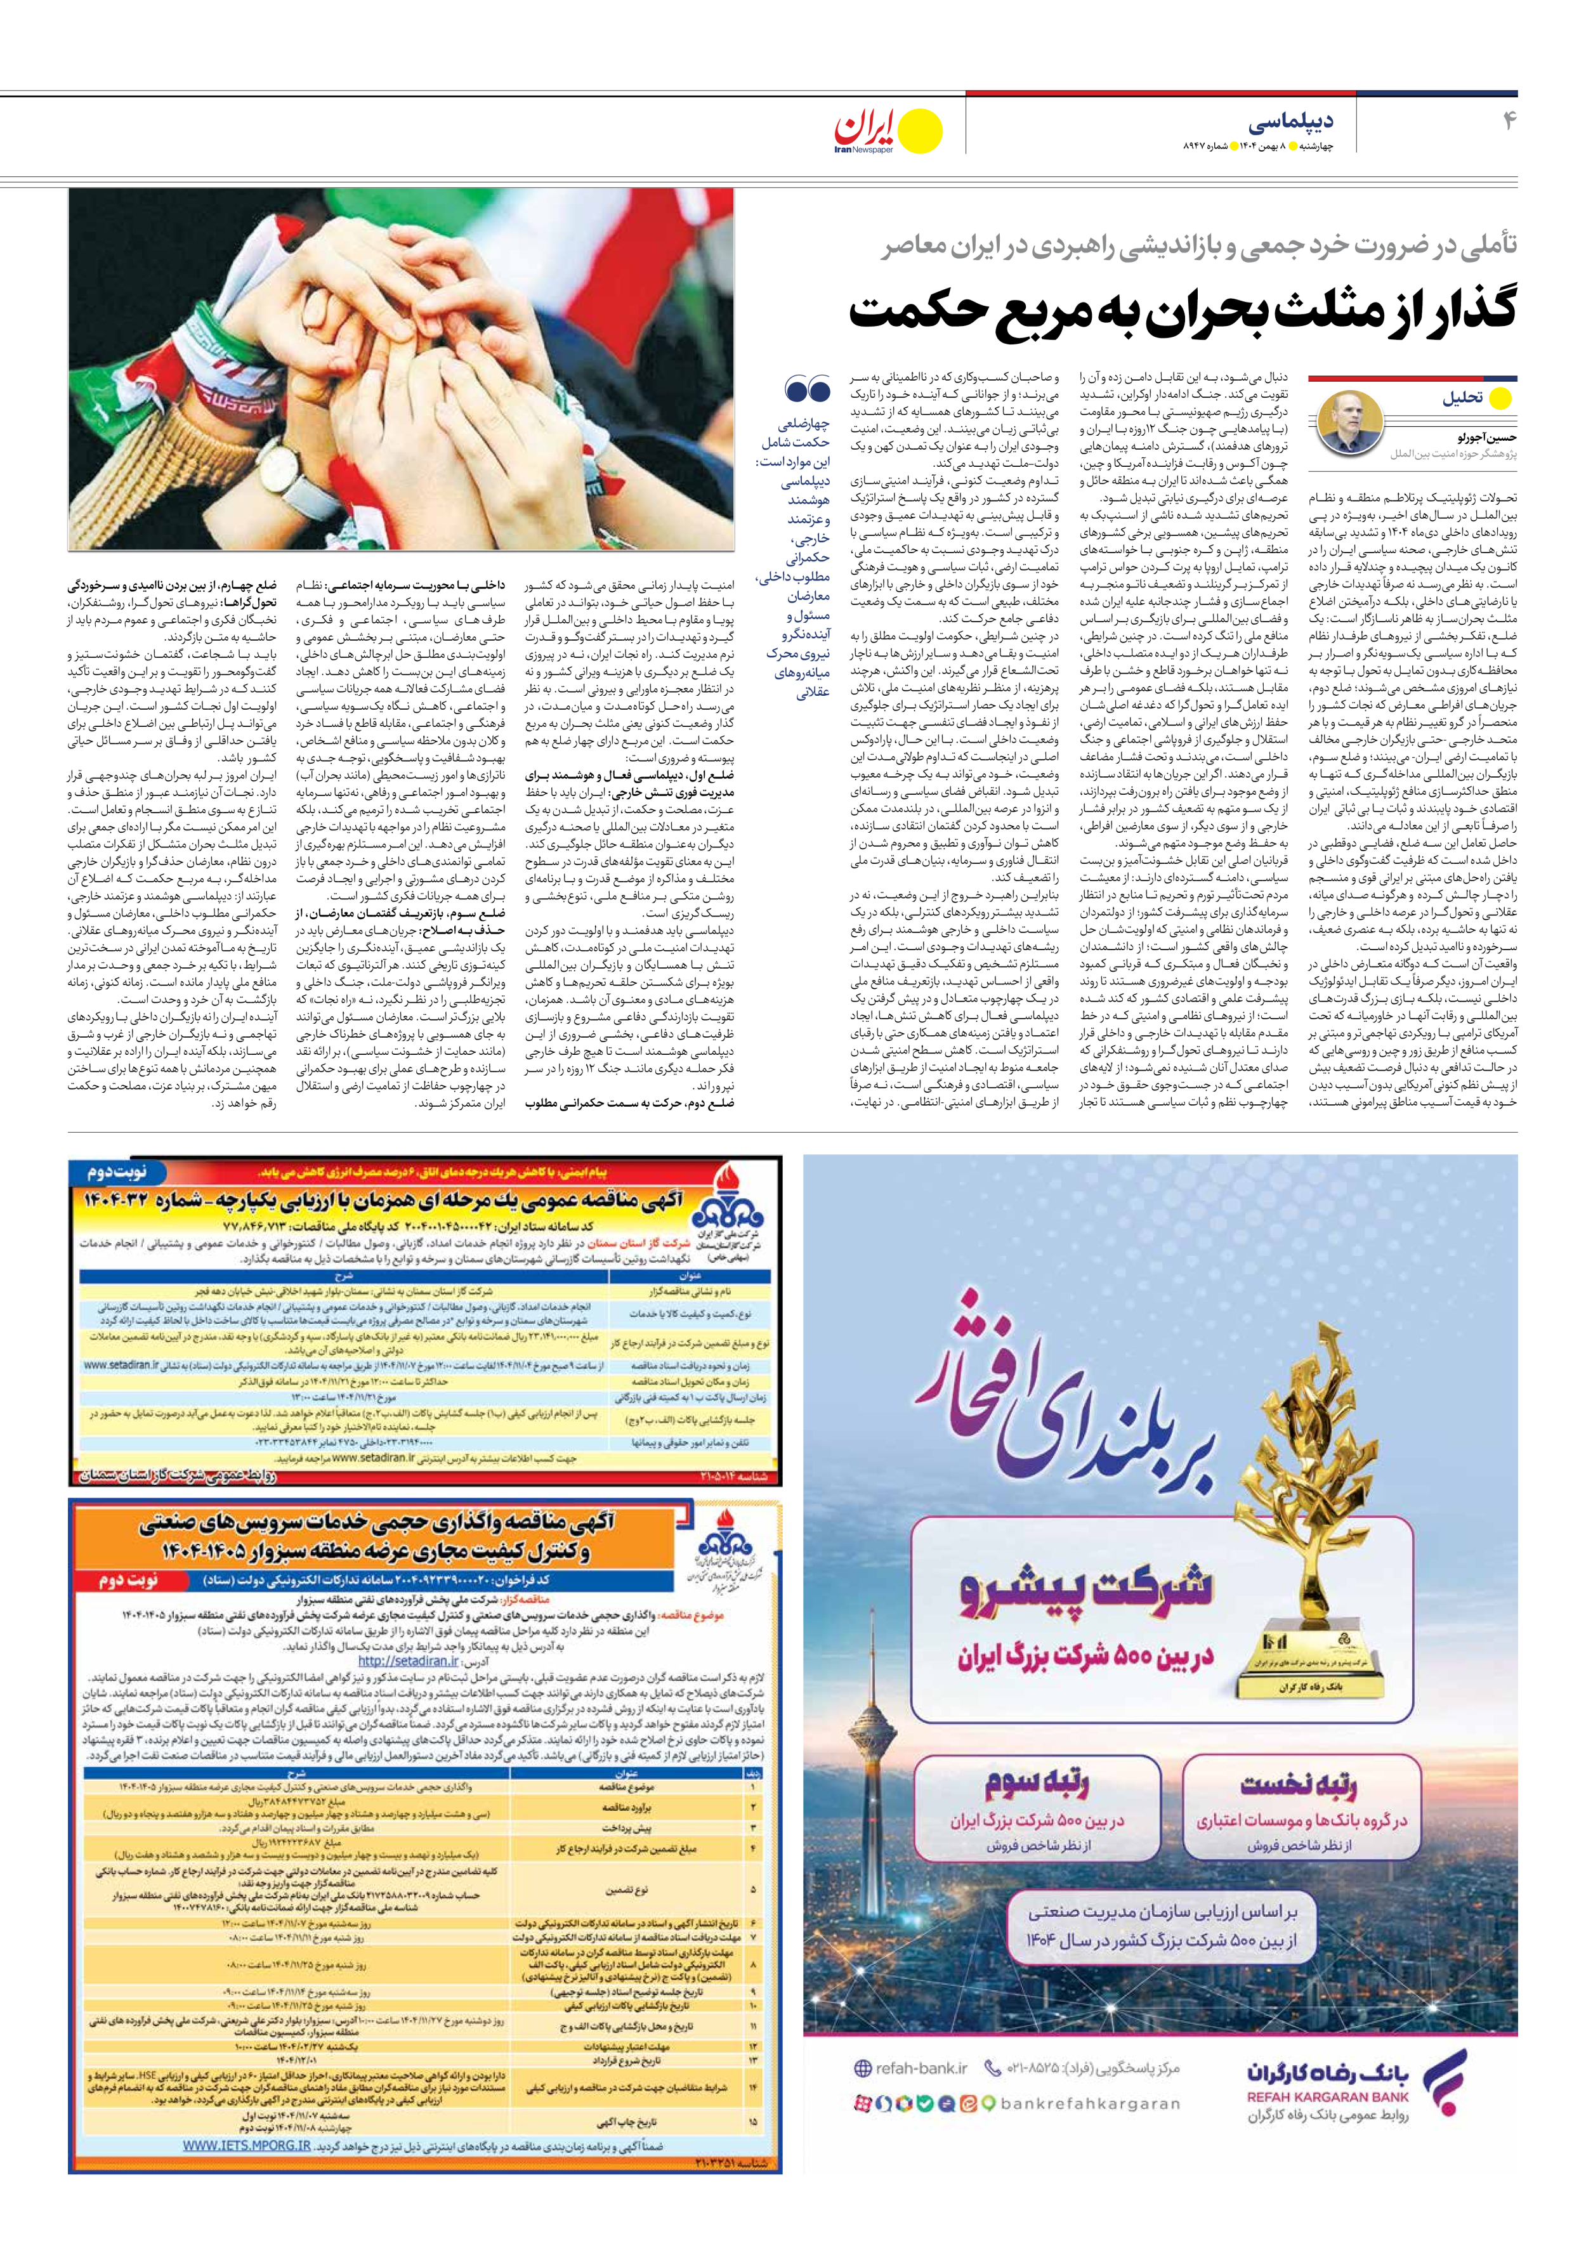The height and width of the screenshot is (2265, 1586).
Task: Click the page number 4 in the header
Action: click(x=1508, y=121)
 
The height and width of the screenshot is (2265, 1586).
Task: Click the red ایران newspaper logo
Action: click(x=867, y=127)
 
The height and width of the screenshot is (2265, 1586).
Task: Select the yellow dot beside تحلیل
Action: click(x=1500, y=398)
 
